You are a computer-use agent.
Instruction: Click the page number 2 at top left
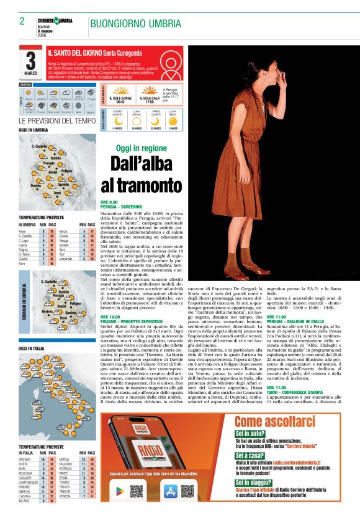point(22,21)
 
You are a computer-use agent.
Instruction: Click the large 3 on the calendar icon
point(30,60)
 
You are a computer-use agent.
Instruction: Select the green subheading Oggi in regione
point(142,148)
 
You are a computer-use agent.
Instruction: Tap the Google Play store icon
point(120,491)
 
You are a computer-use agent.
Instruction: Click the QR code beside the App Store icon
point(187,491)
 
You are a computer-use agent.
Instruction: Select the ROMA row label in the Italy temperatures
point(65,478)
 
